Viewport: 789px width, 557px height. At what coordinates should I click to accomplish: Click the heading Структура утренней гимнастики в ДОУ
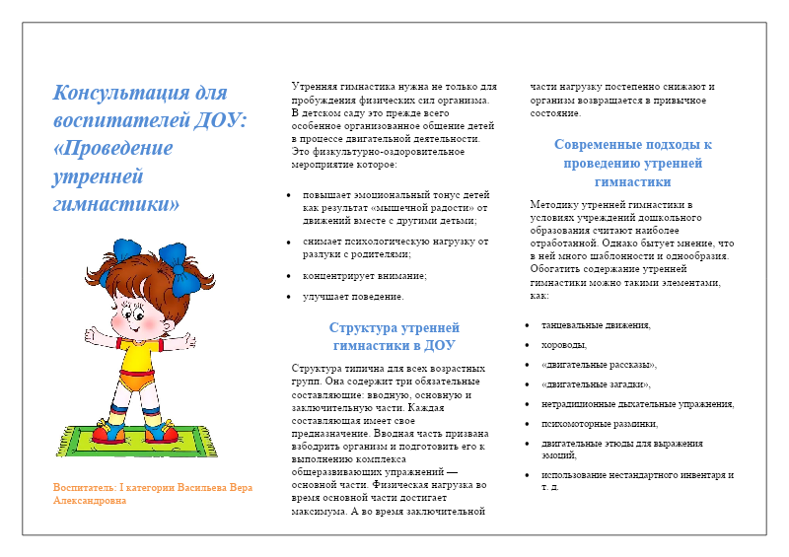(x=394, y=336)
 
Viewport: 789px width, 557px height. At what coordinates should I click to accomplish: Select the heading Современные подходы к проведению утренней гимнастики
(x=632, y=163)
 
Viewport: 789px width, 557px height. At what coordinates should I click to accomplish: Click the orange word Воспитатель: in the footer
(x=85, y=488)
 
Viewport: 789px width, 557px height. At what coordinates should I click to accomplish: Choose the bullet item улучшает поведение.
(x=353, y=296)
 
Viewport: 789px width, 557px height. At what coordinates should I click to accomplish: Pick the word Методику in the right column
(x=554, y=204)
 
